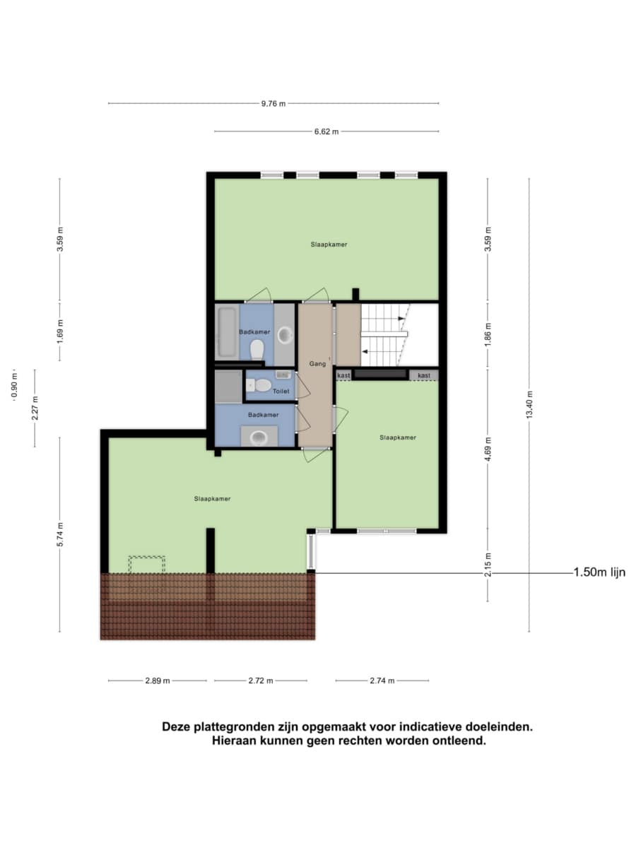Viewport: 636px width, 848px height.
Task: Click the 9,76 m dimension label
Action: point(273,104)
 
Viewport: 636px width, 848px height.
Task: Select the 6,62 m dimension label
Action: point(326,131)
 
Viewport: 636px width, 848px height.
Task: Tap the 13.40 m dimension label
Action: point(529,404)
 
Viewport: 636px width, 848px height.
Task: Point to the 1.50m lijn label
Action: point(599,572)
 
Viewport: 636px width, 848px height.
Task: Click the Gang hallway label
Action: point(317,363)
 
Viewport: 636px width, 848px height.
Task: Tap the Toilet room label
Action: point(281,391)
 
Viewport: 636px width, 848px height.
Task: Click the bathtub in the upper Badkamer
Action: point(227,332)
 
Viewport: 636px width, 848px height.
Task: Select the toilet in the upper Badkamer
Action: point(257,349)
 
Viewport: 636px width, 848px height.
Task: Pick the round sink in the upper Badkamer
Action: point(285,334)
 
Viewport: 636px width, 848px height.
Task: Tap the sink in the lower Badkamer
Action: point(259,437)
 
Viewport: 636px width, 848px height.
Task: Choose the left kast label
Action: point(343,375)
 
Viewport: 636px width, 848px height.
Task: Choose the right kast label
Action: point(423,375)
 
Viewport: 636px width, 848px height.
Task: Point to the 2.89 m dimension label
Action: point(158,681)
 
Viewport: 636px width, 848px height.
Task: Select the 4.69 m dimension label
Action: point(488,449)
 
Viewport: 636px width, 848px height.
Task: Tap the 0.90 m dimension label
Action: point(14,385)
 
